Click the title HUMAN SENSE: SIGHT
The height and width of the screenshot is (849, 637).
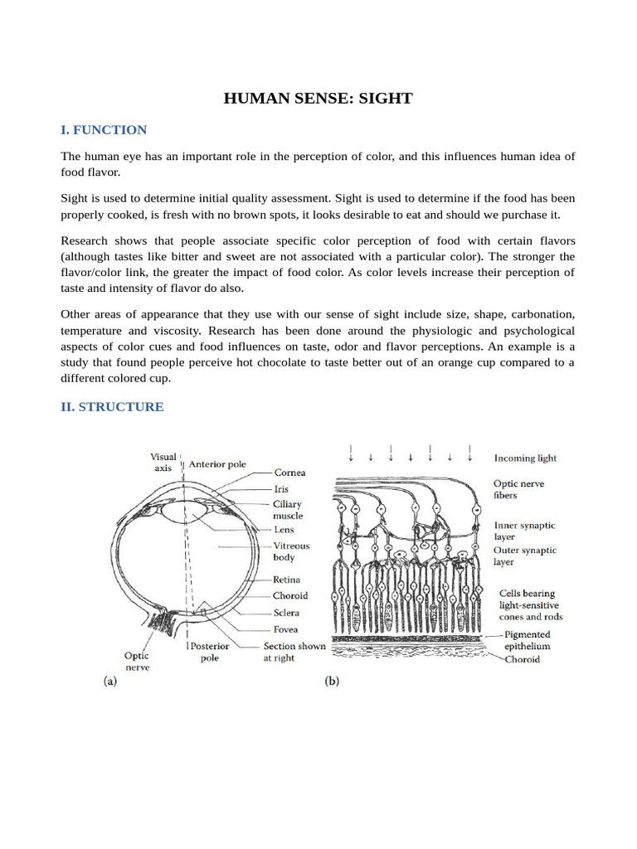[318, 99]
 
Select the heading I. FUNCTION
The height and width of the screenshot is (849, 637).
[104, 130]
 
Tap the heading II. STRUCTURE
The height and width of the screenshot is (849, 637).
[112, 407]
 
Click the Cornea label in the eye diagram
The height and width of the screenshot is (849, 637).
[289, 473]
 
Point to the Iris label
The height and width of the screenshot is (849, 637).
[280, 489]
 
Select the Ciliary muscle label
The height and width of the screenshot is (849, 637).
[288, 510]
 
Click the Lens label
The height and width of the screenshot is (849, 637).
[283, 530]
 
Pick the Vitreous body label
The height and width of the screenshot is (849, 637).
[291, 552]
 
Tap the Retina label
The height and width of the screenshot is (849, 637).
[286, 580]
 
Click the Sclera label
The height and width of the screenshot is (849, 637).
[286, 613]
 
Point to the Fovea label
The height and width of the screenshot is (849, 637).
[285, 629]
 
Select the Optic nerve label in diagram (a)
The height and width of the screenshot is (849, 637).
[138, 662]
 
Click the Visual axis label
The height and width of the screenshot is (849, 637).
[163, 462]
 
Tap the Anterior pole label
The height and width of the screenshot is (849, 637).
[217, 465]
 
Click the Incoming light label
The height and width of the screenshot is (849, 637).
[526, 458]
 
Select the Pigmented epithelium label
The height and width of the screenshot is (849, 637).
[528, 640]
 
